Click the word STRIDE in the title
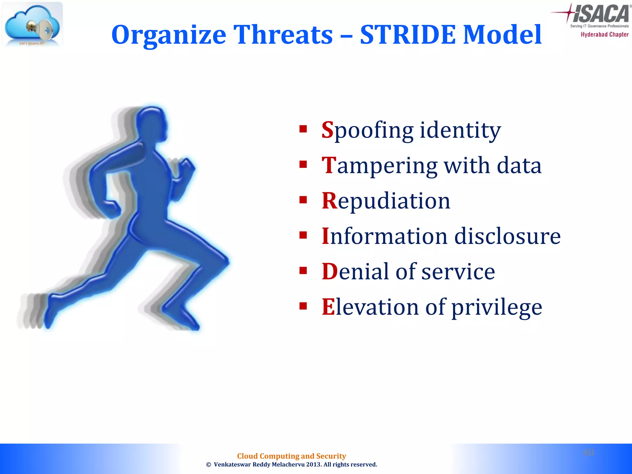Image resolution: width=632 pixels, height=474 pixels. [x=408, y=35]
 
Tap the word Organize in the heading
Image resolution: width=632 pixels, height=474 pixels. [x=168, y=35]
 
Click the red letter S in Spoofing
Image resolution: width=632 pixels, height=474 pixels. [x=327, y=130]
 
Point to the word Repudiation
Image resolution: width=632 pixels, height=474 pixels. [x=386, y=201]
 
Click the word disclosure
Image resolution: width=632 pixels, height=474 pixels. [x=507, y=236]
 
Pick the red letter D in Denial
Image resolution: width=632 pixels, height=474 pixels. [x=329, y=272]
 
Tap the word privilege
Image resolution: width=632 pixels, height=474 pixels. [x=497, y=307]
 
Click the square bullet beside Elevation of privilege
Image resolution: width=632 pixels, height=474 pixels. [x=303, y=306]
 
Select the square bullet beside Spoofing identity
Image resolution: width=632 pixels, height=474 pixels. [x=303, y=129]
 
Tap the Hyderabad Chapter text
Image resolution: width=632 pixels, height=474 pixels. [x=604, y=35]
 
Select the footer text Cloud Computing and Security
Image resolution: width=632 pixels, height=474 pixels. [x=291, y=456]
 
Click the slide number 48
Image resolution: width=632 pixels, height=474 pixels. [x=588, y=452]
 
